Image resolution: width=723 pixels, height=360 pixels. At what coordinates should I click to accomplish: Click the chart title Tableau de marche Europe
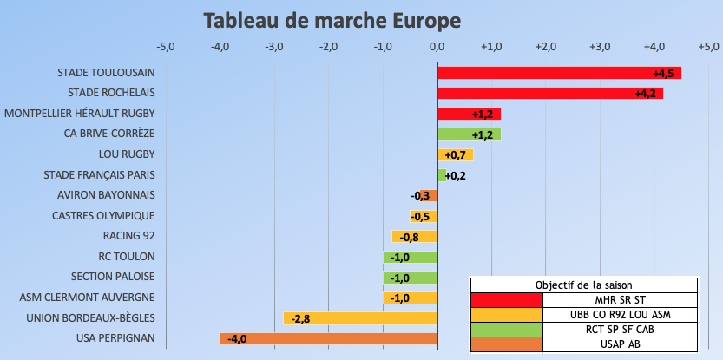pyautogui.click(x=332, y=19)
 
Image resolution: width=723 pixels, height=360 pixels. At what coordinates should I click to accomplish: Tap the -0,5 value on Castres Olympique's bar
pyautogui.click(x=421, y=216)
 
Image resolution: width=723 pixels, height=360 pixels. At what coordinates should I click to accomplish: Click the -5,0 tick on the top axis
pyautogui.click(x=165, y=46)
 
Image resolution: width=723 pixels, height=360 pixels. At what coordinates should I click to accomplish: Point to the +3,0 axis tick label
pyautogui.click(x=600, y=46)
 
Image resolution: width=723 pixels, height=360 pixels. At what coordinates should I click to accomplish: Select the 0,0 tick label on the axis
pyautogui.click(x=437, y=46)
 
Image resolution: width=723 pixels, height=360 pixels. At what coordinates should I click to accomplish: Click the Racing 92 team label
pyautogui.click(x=128, y=236)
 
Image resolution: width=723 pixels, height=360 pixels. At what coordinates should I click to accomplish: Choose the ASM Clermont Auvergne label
pyautogui.click(x=88, y=298)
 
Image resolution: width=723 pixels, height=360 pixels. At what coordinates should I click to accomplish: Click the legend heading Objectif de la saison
pyautogui.click(x=583, y=285)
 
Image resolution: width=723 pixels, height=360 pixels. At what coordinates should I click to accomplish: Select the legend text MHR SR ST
pyautogui.click(x=620, y=299)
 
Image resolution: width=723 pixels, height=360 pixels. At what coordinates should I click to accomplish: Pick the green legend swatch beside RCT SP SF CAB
pyautogui.click(x=506, y=330)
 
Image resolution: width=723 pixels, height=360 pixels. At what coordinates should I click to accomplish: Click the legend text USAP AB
pyautogui.click(x=620, y=344)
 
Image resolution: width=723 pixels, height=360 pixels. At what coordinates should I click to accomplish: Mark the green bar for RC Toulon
pyautogui.click(x=410, y=257)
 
